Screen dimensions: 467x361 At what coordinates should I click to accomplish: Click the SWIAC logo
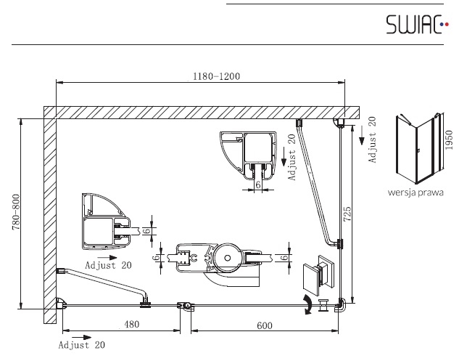click(417, 24)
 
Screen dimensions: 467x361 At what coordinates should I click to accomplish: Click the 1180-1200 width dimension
click(216, 76)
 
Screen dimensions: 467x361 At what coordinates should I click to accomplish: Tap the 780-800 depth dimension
click(16, 212)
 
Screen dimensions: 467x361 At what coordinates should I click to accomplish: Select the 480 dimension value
click(131, 324)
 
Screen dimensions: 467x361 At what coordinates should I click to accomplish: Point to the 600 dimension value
click(265, 325)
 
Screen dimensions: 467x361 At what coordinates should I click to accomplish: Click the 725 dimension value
click(347, 214)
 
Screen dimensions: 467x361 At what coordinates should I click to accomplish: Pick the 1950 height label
click(449, 139)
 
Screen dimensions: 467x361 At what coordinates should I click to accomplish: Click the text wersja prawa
click(416, 192)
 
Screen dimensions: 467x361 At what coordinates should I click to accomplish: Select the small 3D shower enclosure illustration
click(420, 148)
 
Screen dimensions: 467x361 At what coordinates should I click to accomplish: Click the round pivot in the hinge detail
click(228, 258)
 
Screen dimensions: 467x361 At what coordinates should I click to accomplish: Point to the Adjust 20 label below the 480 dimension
click(82, 345)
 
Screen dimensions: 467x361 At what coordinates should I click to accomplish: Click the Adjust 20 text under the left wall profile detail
click(108, 265)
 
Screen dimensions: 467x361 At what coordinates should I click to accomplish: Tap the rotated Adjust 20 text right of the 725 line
click(372, 139)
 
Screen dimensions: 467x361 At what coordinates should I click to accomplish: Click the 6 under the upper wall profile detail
click(258, 184)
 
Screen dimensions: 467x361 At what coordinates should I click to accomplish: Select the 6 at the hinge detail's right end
click(285, 257)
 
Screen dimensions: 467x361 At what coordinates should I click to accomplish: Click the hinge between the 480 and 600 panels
click(185, 306)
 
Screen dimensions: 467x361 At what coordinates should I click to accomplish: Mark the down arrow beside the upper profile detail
click(284, 157)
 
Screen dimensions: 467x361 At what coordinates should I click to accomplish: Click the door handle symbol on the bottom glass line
click(323, 305)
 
